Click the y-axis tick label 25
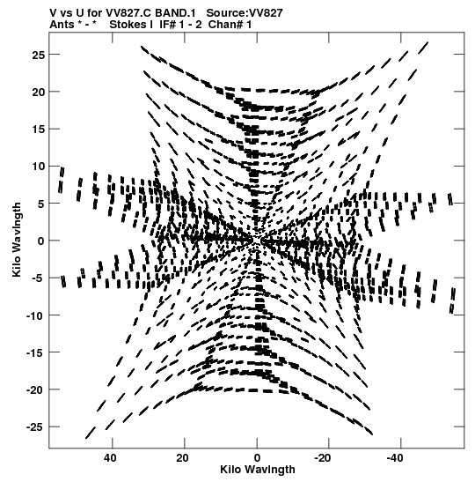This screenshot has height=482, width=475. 39,55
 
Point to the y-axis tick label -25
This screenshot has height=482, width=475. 35,427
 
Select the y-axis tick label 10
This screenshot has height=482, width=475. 39,167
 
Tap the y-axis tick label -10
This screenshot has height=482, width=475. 35,315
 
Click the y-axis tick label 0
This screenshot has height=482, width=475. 41,241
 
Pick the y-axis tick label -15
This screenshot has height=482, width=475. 35,352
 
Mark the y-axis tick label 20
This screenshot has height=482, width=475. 39,92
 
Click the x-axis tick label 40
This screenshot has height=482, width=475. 111,458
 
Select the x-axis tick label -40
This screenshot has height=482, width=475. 396,458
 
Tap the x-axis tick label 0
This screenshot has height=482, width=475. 257,458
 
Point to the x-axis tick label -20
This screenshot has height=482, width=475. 324,458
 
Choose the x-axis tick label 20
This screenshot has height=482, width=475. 183,458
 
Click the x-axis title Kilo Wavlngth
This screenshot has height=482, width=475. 258,470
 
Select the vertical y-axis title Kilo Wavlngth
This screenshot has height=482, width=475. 17,240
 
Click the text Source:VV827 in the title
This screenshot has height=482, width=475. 245,13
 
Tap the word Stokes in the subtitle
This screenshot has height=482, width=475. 128,25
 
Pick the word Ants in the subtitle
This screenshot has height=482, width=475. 62,25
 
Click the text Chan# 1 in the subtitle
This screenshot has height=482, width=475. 230,25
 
